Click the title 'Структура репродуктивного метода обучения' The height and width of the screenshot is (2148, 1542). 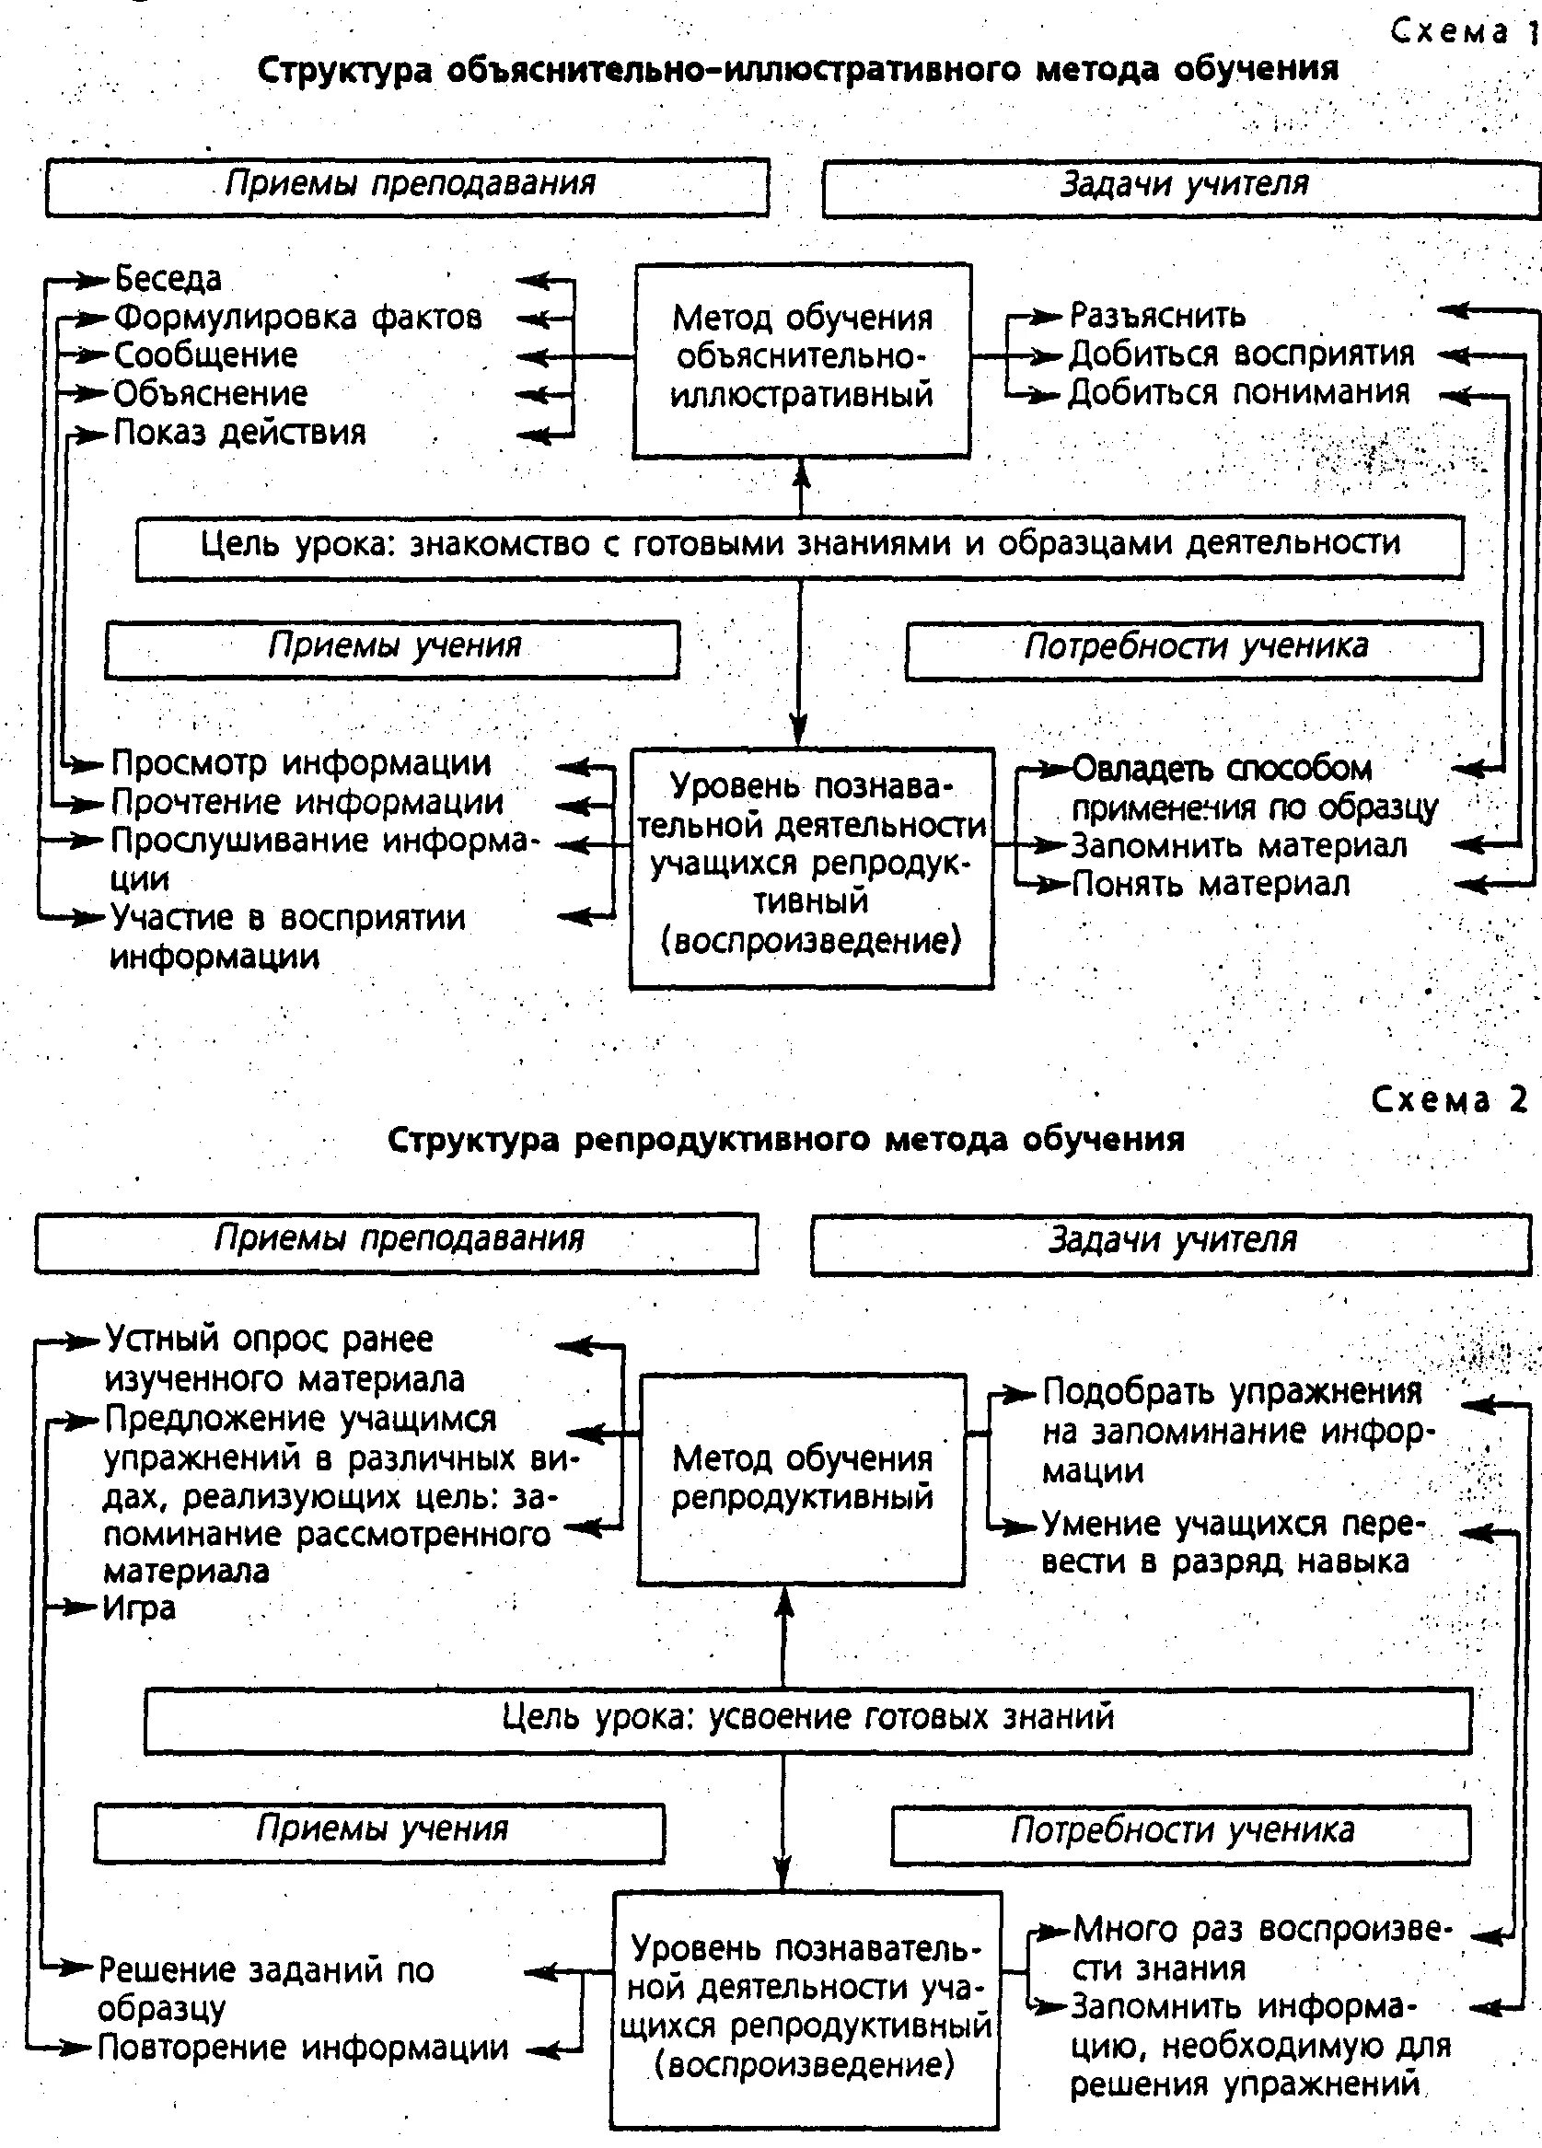[786, 1138]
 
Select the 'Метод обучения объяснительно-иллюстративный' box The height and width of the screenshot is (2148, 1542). [801, 359]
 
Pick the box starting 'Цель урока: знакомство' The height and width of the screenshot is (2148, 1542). [799, 546]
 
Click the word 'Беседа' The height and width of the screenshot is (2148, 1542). [168, 279]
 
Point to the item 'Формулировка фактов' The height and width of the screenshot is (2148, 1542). [297, 318]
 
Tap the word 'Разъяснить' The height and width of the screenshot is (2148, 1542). [1157, 316]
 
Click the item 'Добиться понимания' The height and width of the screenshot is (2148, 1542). [1239, 393]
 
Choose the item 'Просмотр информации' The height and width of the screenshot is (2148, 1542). [301, 763]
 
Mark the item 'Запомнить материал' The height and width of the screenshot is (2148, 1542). [1239, 846]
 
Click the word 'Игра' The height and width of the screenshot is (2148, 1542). [139, 1609]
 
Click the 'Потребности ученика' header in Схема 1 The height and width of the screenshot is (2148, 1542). [1194, 649]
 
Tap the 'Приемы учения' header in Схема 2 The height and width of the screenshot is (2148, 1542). [380, 1828]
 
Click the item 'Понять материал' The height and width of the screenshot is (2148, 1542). [1211, 885]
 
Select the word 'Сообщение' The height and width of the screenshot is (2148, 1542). [205, 356]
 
